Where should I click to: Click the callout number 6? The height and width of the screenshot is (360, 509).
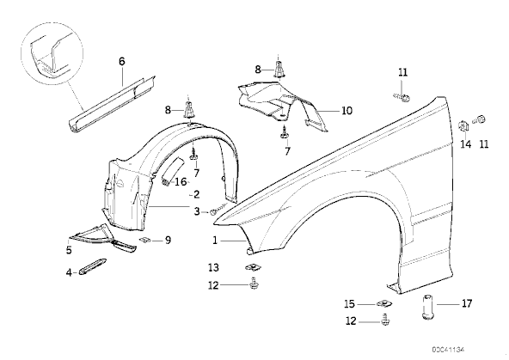(122, 61)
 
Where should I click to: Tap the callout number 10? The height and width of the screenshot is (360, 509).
(346, 111)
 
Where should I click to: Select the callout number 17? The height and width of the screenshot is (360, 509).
(467, 303)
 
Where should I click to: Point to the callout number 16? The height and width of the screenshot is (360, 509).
(181, 181)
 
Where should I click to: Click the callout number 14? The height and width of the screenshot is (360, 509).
(466, 143)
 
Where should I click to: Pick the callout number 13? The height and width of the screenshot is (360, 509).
(213, 267)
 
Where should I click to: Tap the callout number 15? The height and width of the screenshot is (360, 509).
(350, 304)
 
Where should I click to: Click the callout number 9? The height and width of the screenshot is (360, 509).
(168, 241)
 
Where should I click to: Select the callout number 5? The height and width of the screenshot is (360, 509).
(69, 250)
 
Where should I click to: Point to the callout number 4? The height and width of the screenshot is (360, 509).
(69, 272)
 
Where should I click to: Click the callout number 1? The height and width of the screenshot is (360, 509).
(215, 241)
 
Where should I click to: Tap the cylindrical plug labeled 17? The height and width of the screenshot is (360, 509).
(428, 307)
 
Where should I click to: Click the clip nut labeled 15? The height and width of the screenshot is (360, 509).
(384, 304)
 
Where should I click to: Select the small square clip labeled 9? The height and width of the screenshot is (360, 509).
(144, 240)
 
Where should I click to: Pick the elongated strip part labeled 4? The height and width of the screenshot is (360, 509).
(93, 265)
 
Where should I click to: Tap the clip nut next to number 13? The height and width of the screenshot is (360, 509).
(250, 268)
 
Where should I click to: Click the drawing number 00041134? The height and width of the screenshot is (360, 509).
(448, 350)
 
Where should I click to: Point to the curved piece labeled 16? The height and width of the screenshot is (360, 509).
(171, 171)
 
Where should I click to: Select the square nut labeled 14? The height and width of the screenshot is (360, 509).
(463, 126)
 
